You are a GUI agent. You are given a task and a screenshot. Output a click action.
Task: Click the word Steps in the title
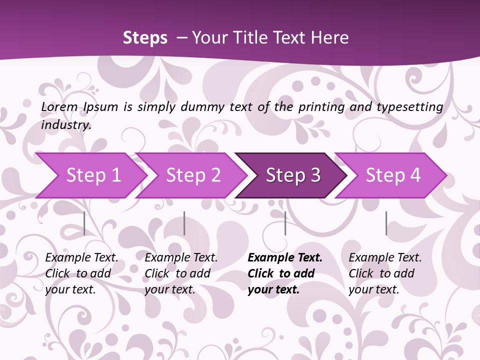coord(145,38)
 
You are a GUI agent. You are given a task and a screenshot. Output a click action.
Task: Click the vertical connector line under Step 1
coord(84,223)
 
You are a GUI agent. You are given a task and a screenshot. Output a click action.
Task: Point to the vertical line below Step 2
coord(184,223)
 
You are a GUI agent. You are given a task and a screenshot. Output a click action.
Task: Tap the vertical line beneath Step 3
coord(285,223)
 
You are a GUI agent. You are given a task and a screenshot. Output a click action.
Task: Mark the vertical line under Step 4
coord(386,223)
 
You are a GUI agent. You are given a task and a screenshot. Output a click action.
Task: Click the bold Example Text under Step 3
coord(285,258)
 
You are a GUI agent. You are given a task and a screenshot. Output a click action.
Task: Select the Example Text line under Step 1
coord(81,258)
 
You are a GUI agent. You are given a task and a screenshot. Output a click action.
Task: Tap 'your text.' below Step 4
coord(374,289)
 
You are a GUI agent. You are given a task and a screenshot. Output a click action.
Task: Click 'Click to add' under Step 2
coord(177,274)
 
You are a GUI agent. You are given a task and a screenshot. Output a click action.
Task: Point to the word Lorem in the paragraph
coord(59,107)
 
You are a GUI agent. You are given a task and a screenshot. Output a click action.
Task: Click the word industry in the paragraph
coord(65,125)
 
